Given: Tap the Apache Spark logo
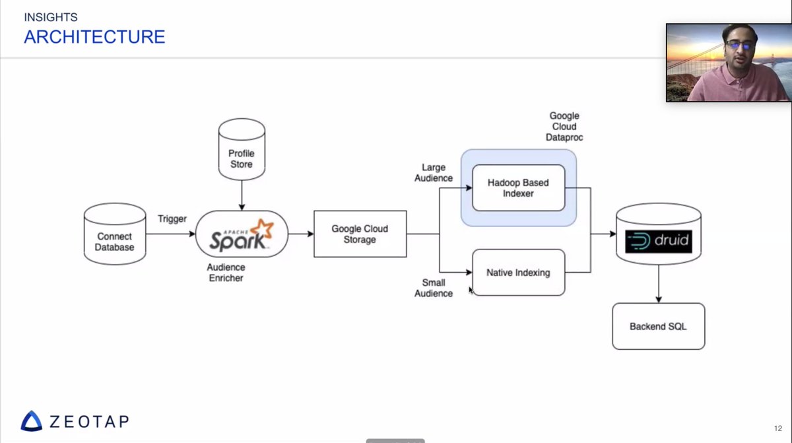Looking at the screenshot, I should (x=242, y=234).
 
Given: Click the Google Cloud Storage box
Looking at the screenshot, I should (x=360, y=234).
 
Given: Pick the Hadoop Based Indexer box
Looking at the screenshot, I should (x=518, y=187).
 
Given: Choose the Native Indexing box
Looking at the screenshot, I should (x=518, y=272).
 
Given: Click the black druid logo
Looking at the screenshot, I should (x=658, y=241).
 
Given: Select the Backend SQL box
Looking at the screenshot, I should (x=658, y=326).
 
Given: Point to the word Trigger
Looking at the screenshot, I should (x=172, y=219).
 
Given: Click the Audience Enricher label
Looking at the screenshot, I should (x=226, y=273).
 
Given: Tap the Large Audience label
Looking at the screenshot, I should (x=434, y=173).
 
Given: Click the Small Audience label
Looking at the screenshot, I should (x=434, y=288).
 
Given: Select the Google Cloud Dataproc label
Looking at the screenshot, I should (x=564, y=127).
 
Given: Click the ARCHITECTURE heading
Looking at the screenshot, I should (x=94, y=37).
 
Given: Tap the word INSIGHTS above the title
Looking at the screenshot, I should (x=50, y=17).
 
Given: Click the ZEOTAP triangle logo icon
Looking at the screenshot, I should (x=31, y=421).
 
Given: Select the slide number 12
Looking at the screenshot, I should (x=777, y=428).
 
